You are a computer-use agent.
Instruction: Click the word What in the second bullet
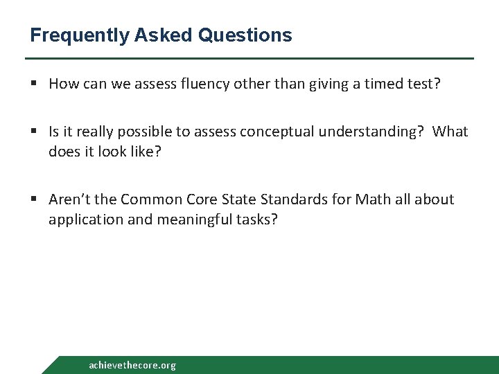(x=451, y=132)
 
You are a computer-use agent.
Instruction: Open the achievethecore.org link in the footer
(x=132, y=365)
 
